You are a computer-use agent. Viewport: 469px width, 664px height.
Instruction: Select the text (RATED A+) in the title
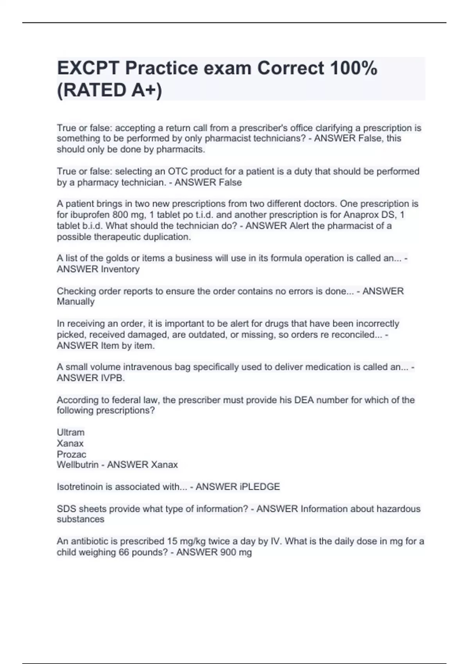tap(109, 90)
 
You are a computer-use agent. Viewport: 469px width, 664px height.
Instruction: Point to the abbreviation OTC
tap(179, 171)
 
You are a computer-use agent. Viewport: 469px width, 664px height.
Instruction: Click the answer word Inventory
tap(120, 269)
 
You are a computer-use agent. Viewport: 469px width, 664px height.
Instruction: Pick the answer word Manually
tap(75, 302)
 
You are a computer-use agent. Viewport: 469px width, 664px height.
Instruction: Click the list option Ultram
tap(70, 432)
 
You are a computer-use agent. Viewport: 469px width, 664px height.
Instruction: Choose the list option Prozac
tap(71, 454)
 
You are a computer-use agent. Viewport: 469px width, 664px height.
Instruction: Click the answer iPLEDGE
tap(260, 487)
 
